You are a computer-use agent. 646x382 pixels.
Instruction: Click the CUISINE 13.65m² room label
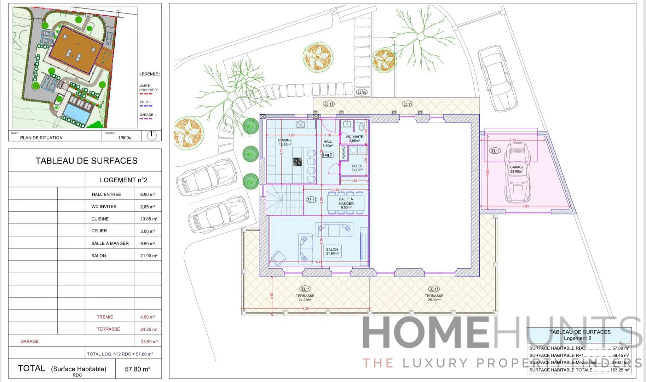[284, 142]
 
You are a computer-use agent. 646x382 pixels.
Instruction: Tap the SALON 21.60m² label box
[332, 251]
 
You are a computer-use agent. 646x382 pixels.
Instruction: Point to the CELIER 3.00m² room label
[357, 168]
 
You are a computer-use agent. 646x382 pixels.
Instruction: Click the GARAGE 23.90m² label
[517, 169]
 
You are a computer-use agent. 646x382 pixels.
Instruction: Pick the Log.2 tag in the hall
[327, 155]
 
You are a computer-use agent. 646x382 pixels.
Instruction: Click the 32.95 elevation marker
[362, 92]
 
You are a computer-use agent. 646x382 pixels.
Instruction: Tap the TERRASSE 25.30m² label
[434, 297]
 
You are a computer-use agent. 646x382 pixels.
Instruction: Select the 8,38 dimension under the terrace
[305, 309]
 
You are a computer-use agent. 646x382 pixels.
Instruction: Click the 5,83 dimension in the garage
[525, 206]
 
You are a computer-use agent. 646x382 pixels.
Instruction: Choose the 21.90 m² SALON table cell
[149, 256]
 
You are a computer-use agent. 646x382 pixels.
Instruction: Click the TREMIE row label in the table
[105, 317]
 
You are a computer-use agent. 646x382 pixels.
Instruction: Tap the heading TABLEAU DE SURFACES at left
[86, 161]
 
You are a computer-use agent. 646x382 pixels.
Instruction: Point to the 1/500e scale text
[125, 138]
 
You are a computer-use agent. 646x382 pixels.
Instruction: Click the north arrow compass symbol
[152, 136]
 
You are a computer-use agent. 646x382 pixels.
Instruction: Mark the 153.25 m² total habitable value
[619, 370]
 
